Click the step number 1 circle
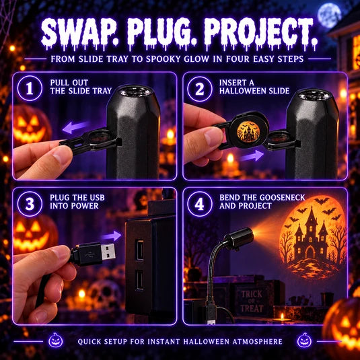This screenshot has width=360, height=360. tap(30, 88)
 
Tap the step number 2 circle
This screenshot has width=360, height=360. tap(200, 89)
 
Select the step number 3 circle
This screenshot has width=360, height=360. tap(30, 204)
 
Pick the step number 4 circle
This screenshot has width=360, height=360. tap(200, 204)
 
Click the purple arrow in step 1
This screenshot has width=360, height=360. tap(75, 127)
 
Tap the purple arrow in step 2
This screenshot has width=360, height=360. tap(252, 156)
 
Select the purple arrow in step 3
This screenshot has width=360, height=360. tap(111, 236)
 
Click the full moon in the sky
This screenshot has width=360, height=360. tap(329, 15)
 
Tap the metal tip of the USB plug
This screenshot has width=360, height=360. tap(108, 252)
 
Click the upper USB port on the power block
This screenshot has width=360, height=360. tap(139, 250)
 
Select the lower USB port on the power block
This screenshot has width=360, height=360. tap(139, 280)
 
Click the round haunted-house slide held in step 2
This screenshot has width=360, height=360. tap(248, 131)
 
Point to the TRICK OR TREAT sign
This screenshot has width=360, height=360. tap(252, 301)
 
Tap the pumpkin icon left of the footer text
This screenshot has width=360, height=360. tap(56, 340)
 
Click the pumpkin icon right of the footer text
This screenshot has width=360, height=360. tap(304, 340)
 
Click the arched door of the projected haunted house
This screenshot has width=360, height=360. tap(310, 252)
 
